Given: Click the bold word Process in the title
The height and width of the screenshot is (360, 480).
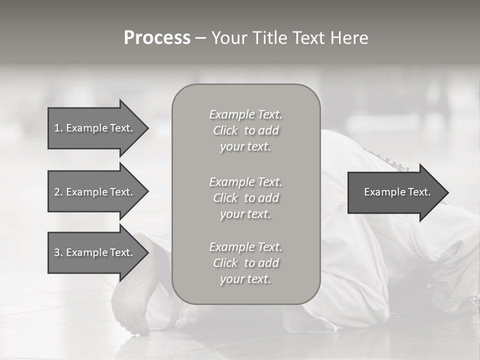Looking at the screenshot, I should [157, 38].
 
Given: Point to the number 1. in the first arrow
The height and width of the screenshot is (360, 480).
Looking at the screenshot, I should [58, 128].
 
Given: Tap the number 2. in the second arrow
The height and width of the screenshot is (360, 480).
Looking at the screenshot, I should [58, 192].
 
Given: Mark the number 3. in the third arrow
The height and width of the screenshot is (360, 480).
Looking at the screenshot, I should [58, 252].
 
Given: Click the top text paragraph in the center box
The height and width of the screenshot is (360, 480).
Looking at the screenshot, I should [246, 130].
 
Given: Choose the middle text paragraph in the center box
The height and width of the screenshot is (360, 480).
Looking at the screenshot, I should [246, 197].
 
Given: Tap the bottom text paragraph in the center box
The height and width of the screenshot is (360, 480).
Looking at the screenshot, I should [246, 263].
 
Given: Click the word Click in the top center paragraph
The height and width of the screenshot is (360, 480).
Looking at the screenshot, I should [225, 131].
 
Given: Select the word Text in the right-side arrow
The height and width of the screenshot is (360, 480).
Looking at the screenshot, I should [419, 192].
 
